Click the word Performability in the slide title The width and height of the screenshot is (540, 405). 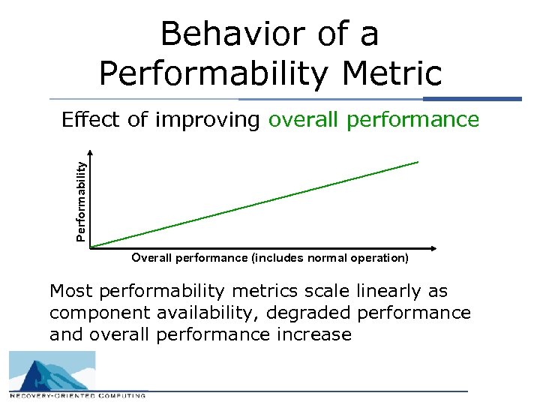click(210, 73)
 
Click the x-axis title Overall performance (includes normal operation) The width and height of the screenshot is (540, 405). click(270, 258)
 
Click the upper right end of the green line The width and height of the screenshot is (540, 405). click(417, 162)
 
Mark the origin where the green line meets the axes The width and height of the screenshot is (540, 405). click(91, 246)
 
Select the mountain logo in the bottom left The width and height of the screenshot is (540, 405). click(52, 370)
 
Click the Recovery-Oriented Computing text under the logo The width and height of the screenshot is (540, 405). click(78, 394)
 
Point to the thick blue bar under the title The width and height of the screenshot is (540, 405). click(472, 98)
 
